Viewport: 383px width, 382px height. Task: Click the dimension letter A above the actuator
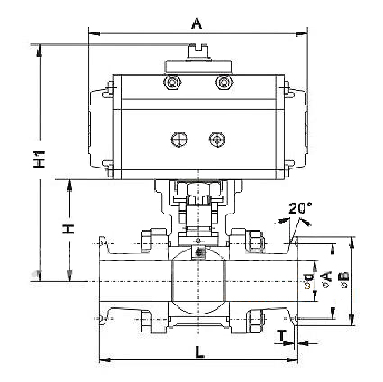(196, 23)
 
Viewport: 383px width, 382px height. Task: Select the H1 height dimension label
(40, 159)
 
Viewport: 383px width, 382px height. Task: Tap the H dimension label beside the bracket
(68, 229)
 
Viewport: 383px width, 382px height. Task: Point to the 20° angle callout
(300, 208)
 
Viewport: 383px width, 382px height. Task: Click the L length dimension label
(199, 351)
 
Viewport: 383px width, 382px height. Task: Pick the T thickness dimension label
(281, 335)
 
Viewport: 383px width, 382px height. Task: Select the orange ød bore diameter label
(309, 280)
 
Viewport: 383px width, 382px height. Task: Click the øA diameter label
(326, 279)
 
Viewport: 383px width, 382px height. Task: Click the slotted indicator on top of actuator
(197, 52)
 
